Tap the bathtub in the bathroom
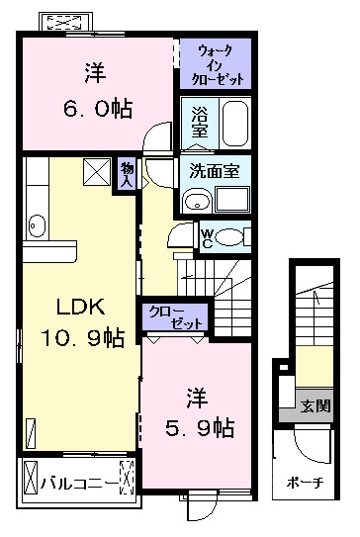[x=233, y=123]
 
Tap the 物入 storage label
[x=127, y=172]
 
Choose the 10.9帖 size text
[x=82, y=338]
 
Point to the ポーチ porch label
[x=305, y=486]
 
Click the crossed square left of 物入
[x=98, y=171]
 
